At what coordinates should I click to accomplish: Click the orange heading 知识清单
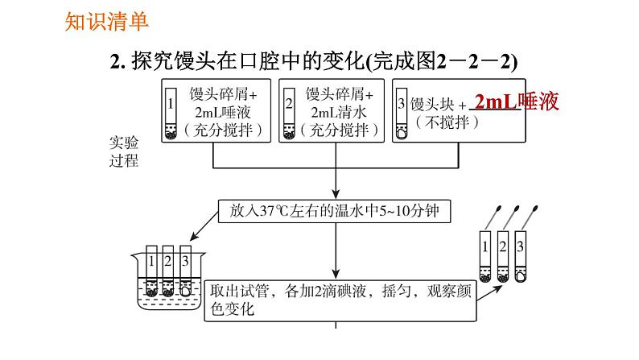pyautogui.click(x=96, y=20)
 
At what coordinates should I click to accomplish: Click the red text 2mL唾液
pyautogui.click(x=516, y=102)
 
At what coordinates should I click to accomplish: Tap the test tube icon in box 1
pyautogui.click(x=171, y=114)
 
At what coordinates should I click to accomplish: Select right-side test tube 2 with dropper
pyautogui.click(x=504, y=256)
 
